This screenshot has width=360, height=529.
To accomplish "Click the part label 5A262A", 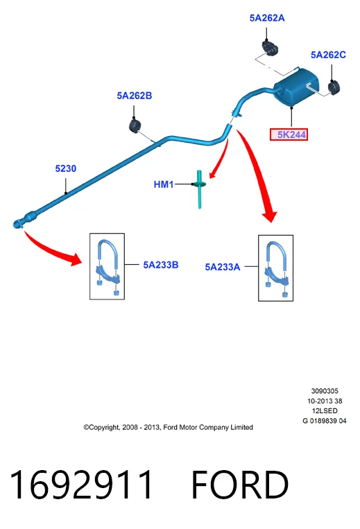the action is (267, 18).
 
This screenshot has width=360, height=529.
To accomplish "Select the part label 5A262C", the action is (328, 55).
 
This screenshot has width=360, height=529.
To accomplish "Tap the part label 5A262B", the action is (135, 96).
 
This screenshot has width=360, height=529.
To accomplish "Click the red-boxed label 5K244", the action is (289, 135).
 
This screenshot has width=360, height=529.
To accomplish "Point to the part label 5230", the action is (66, 168).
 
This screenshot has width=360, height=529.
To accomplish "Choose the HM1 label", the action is (164, 184).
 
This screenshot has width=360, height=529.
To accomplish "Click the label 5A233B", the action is (161, 265).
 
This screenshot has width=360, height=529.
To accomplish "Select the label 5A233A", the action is (223, 267).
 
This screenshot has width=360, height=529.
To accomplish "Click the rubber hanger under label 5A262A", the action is (270, 48).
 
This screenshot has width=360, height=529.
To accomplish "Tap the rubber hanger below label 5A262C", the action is (334, 88).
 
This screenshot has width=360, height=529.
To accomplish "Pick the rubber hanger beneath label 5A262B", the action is (135, 125).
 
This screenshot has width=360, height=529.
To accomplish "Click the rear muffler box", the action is (295, 86).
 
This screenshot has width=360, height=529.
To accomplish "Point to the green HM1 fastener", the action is (199, 189).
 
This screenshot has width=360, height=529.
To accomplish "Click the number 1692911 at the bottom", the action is (81, 485).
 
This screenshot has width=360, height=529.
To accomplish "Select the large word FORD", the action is (240, 485).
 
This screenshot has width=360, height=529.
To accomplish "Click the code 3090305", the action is (325, 391).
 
